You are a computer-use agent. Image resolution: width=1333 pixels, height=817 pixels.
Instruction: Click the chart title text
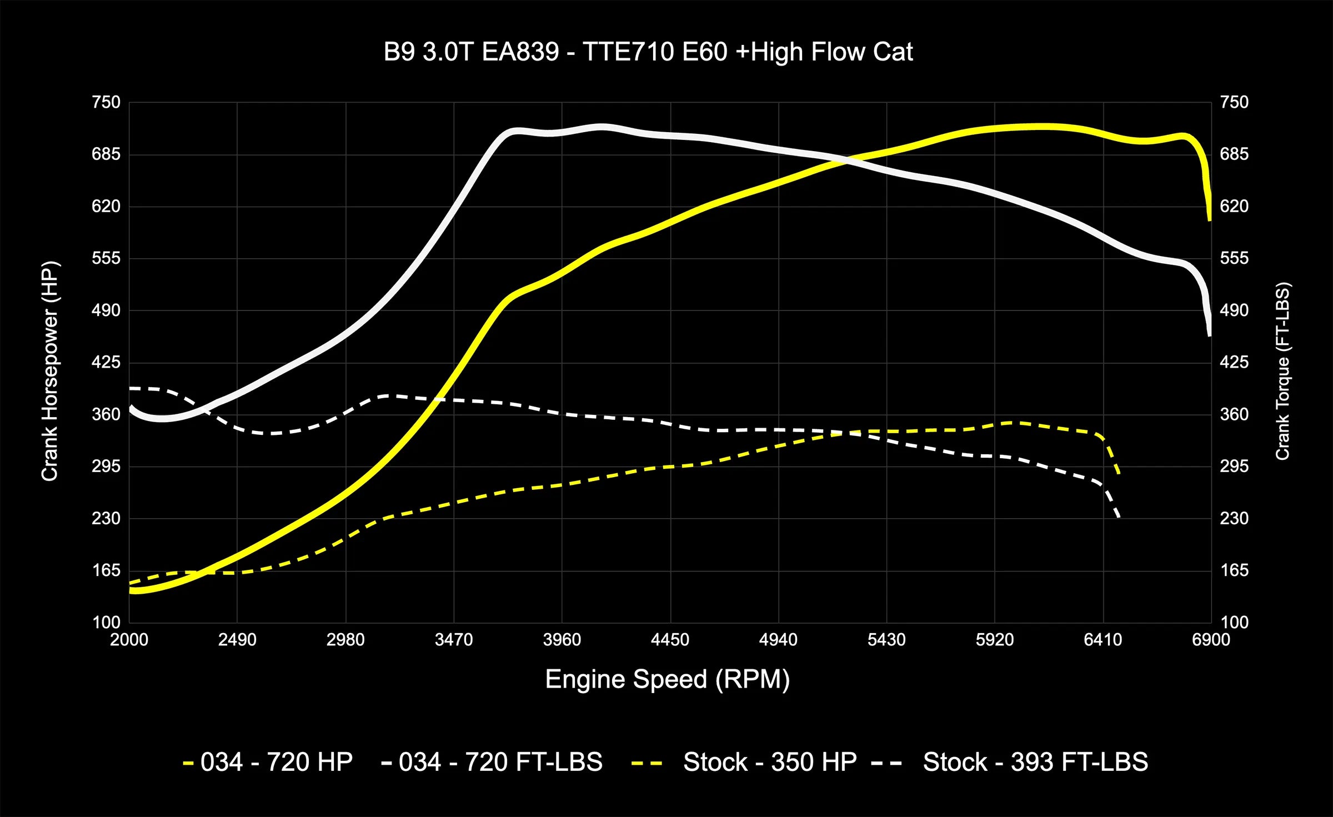(648, 52)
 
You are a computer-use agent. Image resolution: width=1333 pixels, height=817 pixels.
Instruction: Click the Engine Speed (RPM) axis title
(667, 679)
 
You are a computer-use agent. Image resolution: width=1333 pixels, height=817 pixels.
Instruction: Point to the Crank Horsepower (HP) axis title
(50, 371)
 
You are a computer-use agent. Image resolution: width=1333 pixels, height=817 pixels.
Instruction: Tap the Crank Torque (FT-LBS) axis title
(1282, 371)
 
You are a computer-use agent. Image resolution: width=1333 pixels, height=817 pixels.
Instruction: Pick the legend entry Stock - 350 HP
(769, 762)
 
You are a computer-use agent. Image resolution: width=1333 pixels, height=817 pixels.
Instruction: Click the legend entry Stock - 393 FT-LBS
(1035, 762)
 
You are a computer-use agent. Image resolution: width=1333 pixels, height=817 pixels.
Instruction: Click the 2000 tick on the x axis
(129, 640)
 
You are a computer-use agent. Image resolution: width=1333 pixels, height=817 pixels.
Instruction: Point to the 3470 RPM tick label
(454, 640)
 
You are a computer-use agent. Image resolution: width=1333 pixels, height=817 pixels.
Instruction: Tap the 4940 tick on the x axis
(778, 640)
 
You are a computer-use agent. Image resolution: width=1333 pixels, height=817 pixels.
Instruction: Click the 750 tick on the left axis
(106, 102)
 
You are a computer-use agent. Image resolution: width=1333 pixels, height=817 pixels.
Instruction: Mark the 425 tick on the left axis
(106, 362)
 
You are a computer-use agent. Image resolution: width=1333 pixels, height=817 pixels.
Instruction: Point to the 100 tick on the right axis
(1234, 622)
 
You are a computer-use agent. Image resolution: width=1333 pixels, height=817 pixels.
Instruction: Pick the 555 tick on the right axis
(1234, 258)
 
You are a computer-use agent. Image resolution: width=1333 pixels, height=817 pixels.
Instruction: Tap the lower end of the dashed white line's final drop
(1119, 518)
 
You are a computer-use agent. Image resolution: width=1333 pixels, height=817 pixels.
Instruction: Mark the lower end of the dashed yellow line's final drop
(1119, 473)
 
